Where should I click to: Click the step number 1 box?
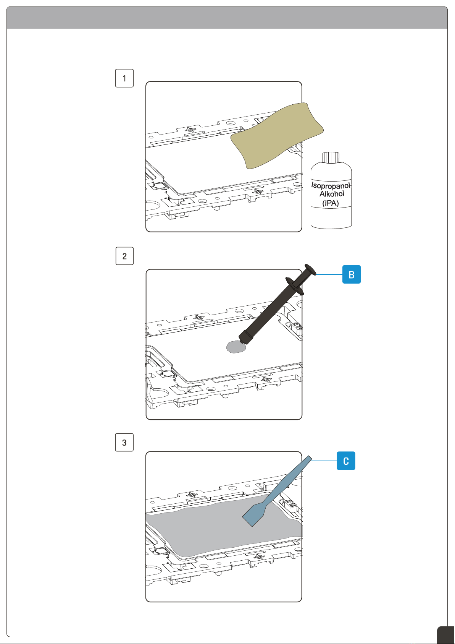tap(124, 78)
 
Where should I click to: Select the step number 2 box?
tap(124, 256)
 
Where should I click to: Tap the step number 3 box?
tap(124, 442)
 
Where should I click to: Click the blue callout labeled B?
tap(352, 274)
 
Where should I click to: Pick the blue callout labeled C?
tap(346, 461)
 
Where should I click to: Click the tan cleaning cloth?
tap(277, 136)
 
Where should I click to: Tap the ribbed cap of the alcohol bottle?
tap(331, 157)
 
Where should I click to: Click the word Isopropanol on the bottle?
tap(331, 185)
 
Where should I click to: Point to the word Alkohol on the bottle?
tap(332, 194)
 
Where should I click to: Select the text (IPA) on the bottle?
tap(331, 203)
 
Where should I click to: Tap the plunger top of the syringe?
tap(310, 269)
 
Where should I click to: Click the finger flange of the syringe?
tap(295, 286)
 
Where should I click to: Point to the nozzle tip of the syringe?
tap(243, 341)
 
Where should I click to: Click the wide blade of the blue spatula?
tap(255, 514)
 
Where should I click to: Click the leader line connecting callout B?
tap(329, 274)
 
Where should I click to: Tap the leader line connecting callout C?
tap(324, 461)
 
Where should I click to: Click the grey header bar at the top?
tap(227, 18)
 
